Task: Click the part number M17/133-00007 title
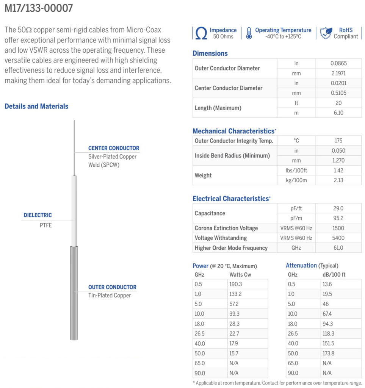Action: tap(39, 9)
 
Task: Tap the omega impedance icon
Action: tap(201, 33)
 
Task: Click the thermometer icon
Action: tap(249, 33)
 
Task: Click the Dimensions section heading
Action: tap(210, 53)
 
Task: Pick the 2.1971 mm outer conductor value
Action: tap(338, 74)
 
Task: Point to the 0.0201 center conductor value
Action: tap(338, 83)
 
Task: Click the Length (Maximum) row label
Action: tap(218, 108)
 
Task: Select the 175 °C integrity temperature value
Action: tap(338, 141)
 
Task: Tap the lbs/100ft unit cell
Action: tap(296, 170)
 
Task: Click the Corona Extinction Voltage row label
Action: tap(226, 228)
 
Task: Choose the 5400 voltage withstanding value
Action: tap(338, 238)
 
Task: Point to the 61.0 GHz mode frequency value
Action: tap(338, 248)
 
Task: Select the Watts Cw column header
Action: tap(240, 275)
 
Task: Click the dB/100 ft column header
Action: tap(332, 275)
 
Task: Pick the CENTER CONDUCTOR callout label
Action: tap(114, 148)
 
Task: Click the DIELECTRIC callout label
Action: tap(38, 215)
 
